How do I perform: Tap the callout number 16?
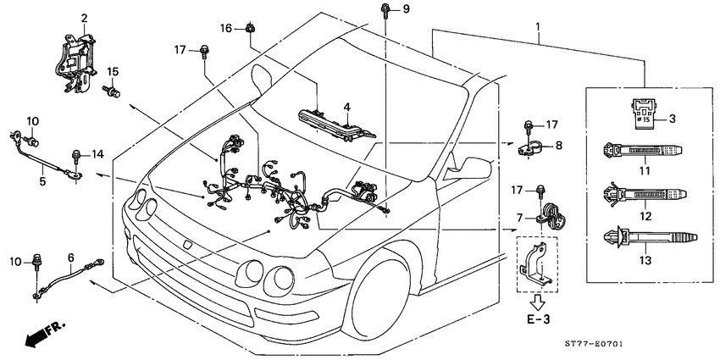pyautogui.click(x=226, y=28)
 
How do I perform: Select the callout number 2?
pyautogui.click(x=84, y=18)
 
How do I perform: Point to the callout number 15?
pyautogui.click(x=114, y=71)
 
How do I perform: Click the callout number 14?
pyautogui.click(x=97, y=154)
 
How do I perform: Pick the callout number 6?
pyautogui.click(x=71, y=257)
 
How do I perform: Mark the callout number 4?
pyautogui.click(x=346, y=107)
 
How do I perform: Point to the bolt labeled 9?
pyautogui.click(x=385, y=11)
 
